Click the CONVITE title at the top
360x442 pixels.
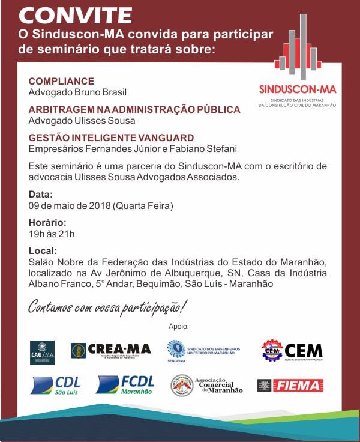(75, 14)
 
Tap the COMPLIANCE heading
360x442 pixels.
(61, 82)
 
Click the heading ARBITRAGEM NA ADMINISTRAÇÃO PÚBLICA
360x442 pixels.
(134, 109)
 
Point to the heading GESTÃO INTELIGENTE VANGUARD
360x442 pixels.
(111, 138)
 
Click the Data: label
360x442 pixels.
(41, 195)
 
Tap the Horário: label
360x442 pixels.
(47, 223)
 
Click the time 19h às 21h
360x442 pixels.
(52, 234)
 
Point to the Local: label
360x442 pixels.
(43, 250)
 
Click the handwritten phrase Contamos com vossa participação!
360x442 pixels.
(107, 307)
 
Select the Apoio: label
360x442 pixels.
(179, 327)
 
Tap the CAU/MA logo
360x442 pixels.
(42, 353)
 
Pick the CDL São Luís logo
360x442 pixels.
(55, 385)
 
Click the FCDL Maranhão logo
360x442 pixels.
(125, 385)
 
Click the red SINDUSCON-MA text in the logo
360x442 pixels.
(298, 89)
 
